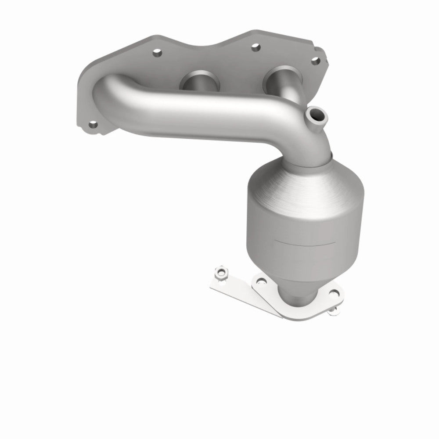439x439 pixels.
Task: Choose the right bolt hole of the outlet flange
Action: pyautogui.click(x=335, y=294)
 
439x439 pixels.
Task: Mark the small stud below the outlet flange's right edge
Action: pyautogui.click(x=335, y=311)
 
